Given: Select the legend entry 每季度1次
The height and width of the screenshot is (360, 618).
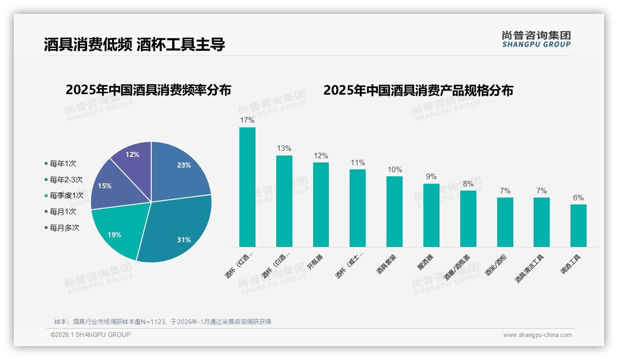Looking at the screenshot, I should tap(66, 196).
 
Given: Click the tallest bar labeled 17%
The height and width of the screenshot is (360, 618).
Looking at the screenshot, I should tap(247, 187).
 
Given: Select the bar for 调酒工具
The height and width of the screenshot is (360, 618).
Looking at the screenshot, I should tap(578, 226).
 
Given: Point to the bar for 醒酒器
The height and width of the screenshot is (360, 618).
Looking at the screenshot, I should tap(431, 215).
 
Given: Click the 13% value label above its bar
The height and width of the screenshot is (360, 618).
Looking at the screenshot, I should tap(284, 149).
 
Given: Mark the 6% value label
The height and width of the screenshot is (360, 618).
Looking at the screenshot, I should tap(578, 198).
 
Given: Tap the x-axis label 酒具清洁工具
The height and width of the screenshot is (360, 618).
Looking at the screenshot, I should tap(529, 269).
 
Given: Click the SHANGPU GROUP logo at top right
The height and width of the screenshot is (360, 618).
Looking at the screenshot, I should tap(536, 39).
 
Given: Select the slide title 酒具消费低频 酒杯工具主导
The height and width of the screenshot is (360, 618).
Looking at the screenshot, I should tap(134, 44).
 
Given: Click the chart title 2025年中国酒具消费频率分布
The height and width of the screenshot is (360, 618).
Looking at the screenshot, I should tap(148, 90).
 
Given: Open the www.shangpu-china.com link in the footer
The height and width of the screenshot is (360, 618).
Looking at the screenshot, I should tap(537, 335).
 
